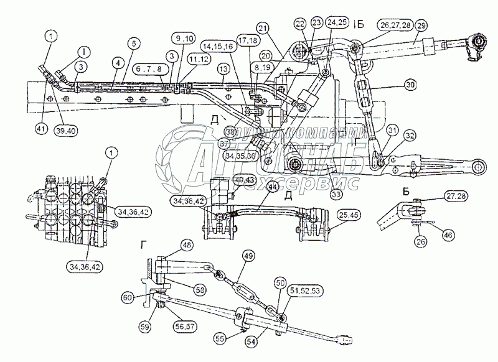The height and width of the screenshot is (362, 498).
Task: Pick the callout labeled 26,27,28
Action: [x=393, y=25]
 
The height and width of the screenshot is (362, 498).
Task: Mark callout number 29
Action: [x=421, y=25]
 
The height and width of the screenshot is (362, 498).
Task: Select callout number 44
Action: [x=272, y=185]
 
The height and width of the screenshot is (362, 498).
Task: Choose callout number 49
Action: [x=248, y=256]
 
